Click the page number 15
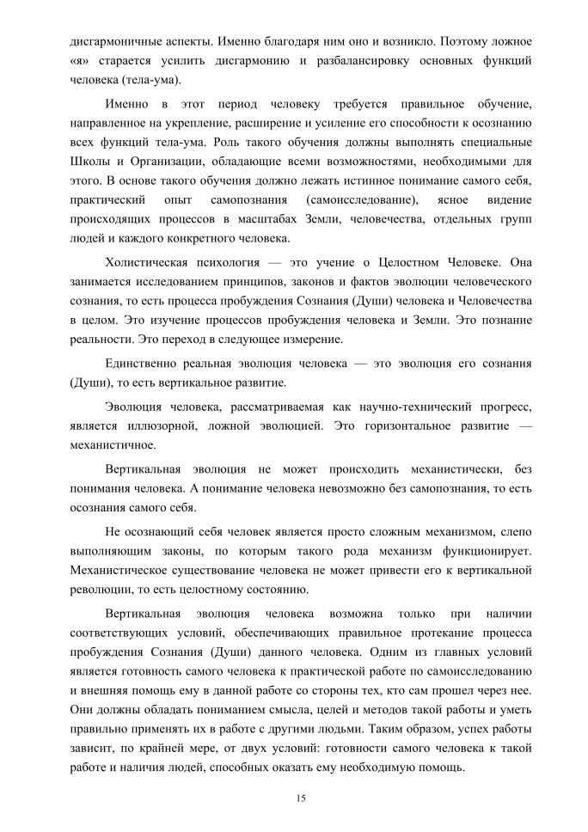300,799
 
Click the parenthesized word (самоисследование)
341,200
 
